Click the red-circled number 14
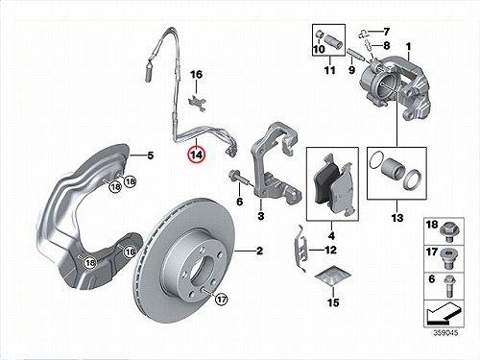click(197, 155)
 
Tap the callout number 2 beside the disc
click(259, 251)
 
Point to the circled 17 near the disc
click(221, 300)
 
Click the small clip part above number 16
click(197, 104)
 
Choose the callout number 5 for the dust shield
click(151, 156)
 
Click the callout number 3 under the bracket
click(261, 216)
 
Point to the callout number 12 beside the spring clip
click(330, 250)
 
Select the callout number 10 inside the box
click(319, 49)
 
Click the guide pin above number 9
click(354, 55)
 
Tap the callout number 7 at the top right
click(387, 32)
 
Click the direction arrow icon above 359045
click(444, 314)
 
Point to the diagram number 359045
click(445, 333)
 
